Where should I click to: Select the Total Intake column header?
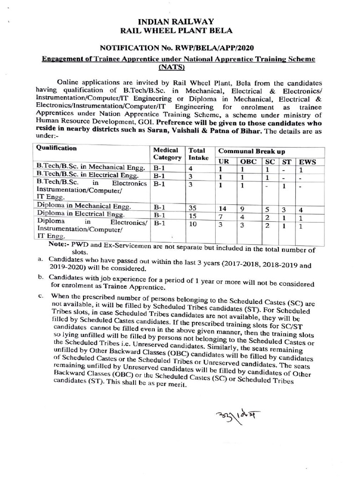pos(196,154)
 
